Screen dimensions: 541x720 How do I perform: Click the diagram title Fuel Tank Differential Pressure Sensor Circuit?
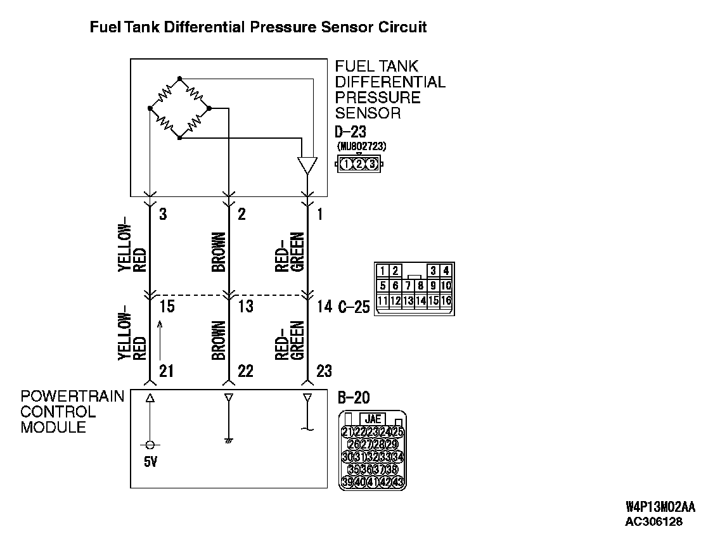click(x=258, y=27)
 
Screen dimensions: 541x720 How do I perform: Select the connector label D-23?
click(x=350, y=133)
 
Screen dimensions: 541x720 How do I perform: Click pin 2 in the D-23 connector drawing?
click(x=359, y=164)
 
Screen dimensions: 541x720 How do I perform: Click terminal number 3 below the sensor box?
click(x=163, y=214)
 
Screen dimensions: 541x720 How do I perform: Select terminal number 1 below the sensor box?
click(x=319, y=214)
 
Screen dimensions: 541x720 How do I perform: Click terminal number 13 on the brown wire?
click(x=245, y=307)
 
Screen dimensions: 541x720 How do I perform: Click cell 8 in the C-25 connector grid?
click(x=420, y=286)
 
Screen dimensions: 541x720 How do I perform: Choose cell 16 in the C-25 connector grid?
click(x=446, y=300)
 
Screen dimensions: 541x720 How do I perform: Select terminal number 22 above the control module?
click(x=245, y=371)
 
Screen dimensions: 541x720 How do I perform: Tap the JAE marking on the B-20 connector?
click(x=373, y=419)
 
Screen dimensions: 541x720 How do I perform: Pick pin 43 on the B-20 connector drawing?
click(x=398, y=482)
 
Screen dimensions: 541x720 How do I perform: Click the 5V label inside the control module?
click(x=150, y=462)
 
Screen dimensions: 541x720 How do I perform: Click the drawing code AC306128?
click(x=655, y=522)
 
